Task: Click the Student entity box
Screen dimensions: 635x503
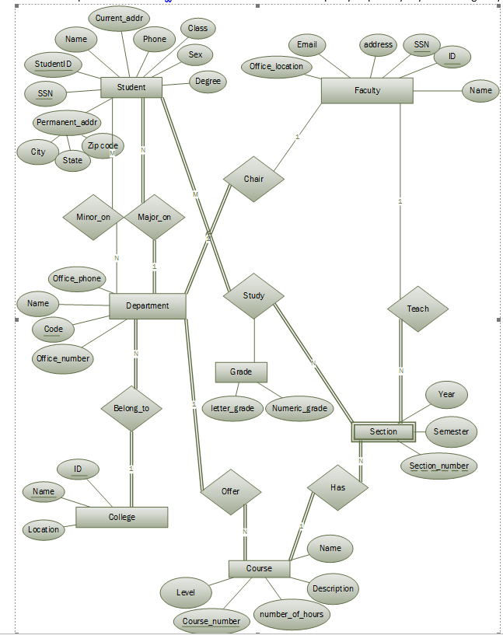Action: [131, 87]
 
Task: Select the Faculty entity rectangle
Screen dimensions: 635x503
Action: [367, 90]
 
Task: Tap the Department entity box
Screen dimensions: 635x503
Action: [147, 305]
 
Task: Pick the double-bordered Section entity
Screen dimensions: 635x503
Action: [383, 431]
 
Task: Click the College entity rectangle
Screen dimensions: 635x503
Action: [121, 517]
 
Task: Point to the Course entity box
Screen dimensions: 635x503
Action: [259, 568]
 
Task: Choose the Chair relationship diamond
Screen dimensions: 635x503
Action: [253, 179]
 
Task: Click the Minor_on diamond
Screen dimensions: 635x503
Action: [93, 217]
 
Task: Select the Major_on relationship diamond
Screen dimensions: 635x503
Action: [154, 217]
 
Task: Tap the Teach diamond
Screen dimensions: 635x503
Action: [417, 309]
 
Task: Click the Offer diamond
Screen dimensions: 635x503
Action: [231, 491]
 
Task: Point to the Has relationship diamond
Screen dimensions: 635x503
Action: [338, 487]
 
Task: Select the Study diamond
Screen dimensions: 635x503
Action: [253, 295]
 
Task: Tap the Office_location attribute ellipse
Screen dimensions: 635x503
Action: [277, 67]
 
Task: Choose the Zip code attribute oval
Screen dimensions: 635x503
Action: [103, 145]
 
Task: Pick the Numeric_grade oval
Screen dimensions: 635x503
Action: [299, 408]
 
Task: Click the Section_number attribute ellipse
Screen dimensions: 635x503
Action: [438, 466]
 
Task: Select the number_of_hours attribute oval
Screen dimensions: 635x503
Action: [293, 614]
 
